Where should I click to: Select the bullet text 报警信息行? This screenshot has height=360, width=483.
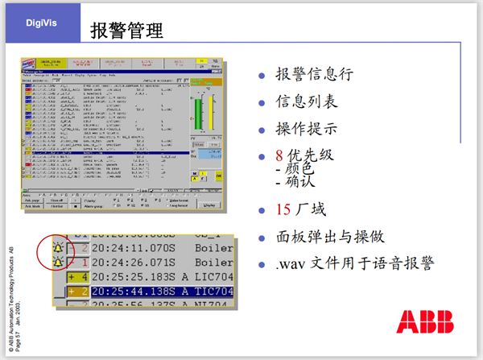click(313, 76)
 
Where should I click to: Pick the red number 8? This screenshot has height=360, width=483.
click(279, 155)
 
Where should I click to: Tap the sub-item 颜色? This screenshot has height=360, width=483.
click(299, 170)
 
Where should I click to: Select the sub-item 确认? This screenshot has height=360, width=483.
click(299, 183)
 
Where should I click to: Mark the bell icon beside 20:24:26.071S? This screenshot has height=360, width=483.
click(59, 261)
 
